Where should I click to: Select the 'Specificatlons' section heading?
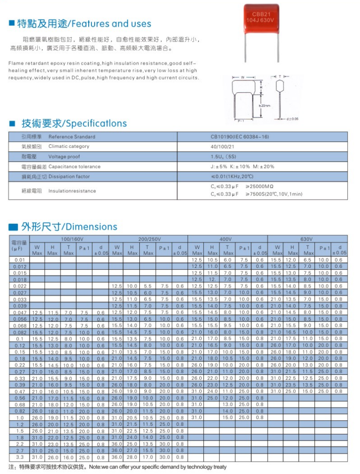(97, 123)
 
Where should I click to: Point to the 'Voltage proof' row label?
(64, 156)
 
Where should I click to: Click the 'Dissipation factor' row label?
(69, 176)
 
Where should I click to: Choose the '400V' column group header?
(226, 239)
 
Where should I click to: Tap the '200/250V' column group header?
(148, 239)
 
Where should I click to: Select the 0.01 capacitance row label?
(20, 259)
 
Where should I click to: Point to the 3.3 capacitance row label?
(20, 457)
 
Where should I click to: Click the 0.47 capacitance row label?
(20, 391)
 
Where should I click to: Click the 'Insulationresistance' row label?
(72, 191)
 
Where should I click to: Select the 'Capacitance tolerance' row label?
(74, 166)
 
